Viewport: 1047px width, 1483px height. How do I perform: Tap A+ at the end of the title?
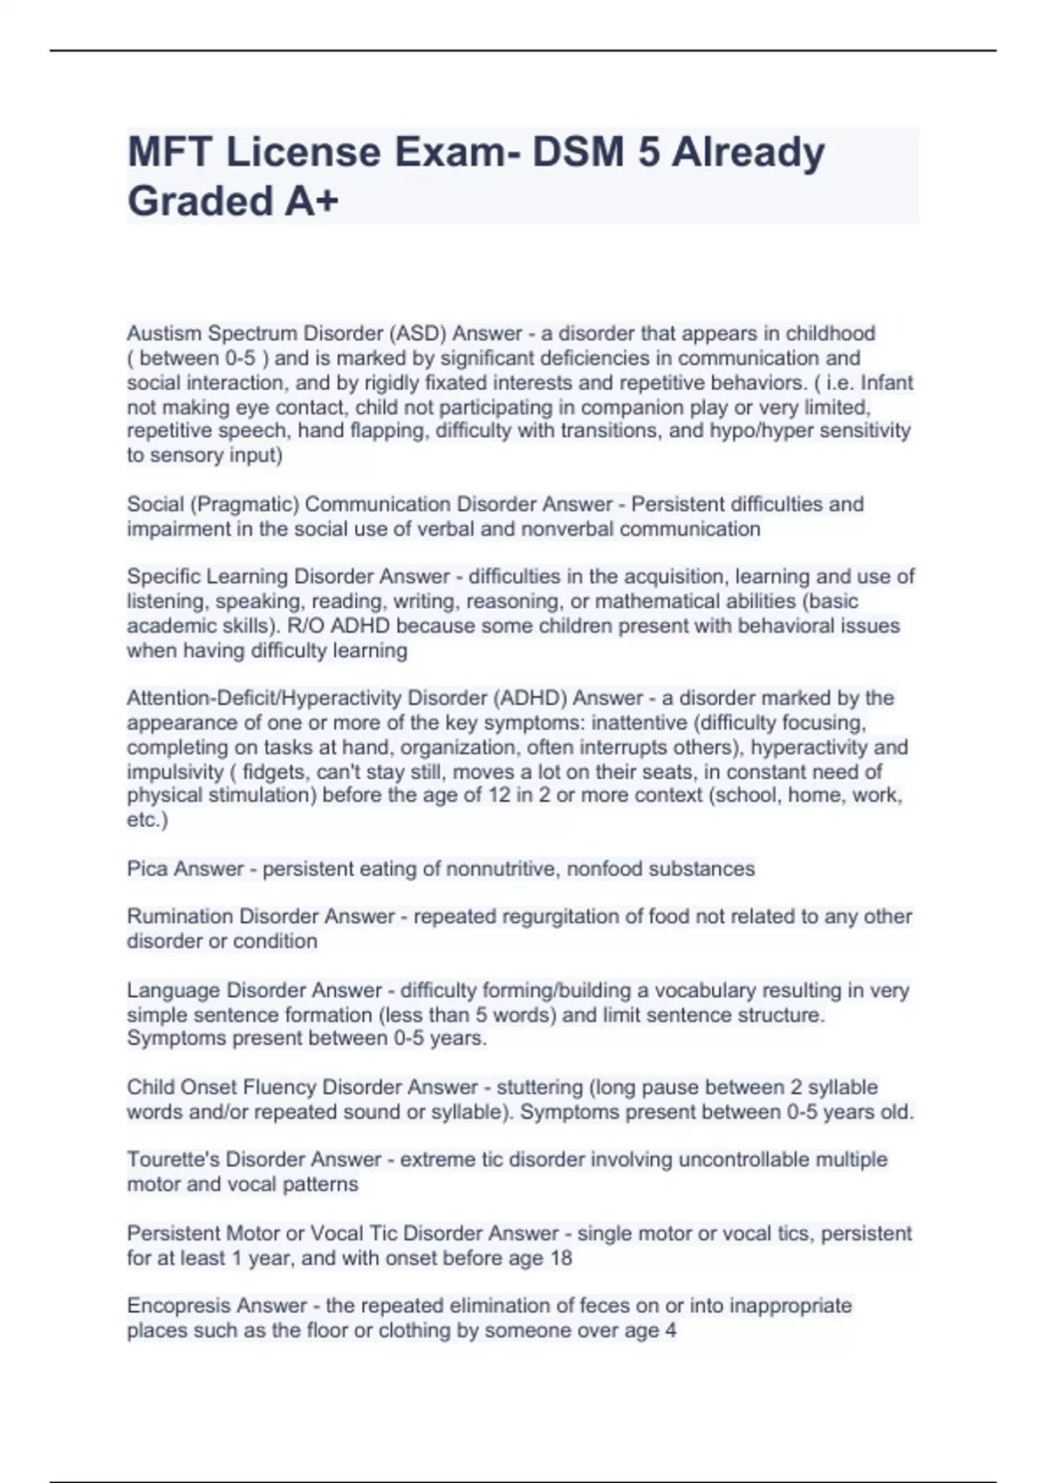pos(310,202)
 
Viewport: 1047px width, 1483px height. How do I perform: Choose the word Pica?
pos(147,869)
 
